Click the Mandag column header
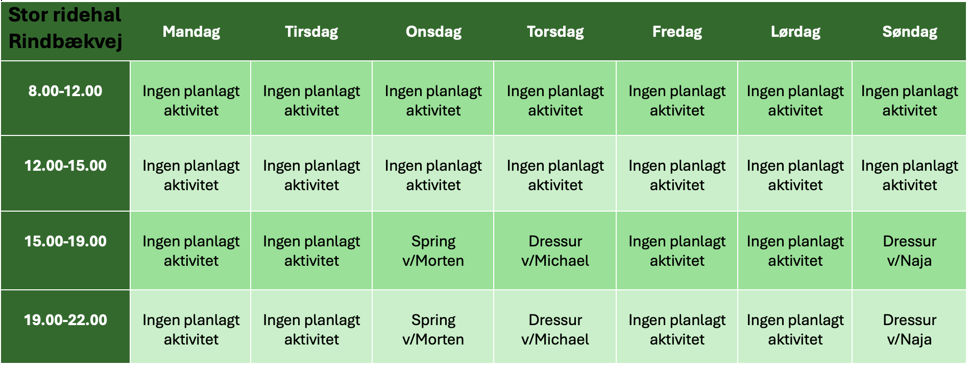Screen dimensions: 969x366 (191, 32)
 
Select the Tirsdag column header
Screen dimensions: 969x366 (311, 32)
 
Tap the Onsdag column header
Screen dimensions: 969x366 (433, 32)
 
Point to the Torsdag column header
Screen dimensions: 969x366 (555, 32)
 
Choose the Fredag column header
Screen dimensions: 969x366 (677, 32)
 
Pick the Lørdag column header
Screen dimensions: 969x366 (795, 32)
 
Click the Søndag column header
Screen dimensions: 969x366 (910, 32)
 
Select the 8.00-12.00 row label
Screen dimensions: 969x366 (65, 91)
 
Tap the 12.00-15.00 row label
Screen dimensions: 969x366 (65, 166)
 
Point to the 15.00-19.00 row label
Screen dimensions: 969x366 (65, 241)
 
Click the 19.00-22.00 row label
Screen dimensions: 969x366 (65, 320)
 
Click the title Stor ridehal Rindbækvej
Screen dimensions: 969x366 (65, 28)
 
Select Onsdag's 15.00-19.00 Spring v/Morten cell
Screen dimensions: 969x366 (433, 251)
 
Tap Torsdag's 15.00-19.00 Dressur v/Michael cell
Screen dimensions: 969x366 (555, 251)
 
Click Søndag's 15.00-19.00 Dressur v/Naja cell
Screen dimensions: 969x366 (910, 251)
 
